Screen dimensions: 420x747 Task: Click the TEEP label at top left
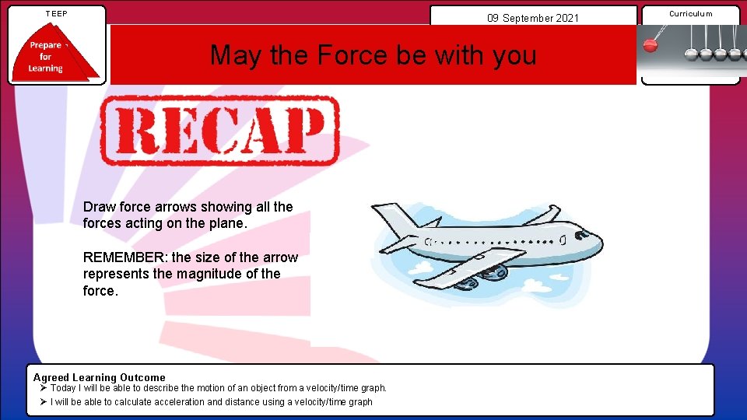(56, 13)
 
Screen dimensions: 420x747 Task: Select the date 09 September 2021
(533, 17)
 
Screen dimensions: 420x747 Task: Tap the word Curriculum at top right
(690, 13)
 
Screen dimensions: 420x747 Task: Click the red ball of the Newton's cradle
(651, 45)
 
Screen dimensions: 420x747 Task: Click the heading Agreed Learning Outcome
(99, 377)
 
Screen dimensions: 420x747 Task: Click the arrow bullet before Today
(44, 388)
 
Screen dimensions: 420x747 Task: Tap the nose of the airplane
(597, 248)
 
